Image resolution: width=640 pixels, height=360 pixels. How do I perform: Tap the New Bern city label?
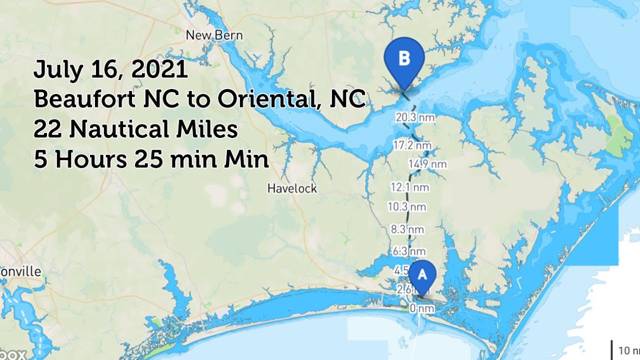tap(214, 35)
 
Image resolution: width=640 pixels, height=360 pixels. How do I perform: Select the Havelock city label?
tap(292, 188)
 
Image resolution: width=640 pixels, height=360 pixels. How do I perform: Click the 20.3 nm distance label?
tap(414, 118)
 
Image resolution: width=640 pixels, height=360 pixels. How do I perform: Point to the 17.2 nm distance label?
tap(411, 146)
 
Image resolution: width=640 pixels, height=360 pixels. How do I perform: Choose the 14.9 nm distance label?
tap(427, 164)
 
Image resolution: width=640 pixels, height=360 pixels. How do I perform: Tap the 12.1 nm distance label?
tap(410, 187)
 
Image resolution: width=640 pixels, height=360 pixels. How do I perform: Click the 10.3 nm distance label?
tap(407, 206)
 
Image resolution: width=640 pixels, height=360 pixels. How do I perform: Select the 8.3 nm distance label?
tap(407, 229)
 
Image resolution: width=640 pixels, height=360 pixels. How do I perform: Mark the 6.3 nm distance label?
tap(409, 251)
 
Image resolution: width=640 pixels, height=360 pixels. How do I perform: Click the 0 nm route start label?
tap(421, 308)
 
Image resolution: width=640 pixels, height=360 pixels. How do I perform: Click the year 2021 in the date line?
tap(159, 69)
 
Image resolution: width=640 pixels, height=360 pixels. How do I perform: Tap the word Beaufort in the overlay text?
tap(84, 100)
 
